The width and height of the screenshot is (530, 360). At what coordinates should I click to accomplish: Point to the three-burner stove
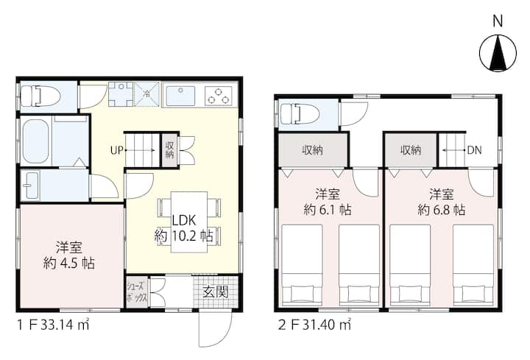click(219, 96)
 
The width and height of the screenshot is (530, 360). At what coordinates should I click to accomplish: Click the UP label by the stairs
click(116, 151)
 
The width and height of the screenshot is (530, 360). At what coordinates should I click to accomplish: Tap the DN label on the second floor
click(474, 151)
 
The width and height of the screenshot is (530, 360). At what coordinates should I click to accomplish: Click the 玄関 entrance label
click(216, 291)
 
